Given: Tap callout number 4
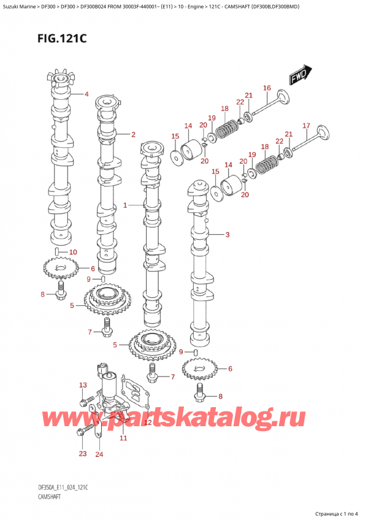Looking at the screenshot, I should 86,94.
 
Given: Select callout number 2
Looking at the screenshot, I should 133,134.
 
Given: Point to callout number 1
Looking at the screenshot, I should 125,205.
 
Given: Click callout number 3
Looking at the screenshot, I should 227,235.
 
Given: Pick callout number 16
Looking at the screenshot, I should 267,89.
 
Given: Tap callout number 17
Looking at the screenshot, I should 306,126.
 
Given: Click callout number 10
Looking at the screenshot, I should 74,252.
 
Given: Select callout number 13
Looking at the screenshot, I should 83,384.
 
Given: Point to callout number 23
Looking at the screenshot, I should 83,454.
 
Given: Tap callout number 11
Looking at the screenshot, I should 123,438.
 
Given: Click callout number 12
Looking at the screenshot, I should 148,422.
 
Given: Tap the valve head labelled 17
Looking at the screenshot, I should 322,135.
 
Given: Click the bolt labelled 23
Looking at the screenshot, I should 82,433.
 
